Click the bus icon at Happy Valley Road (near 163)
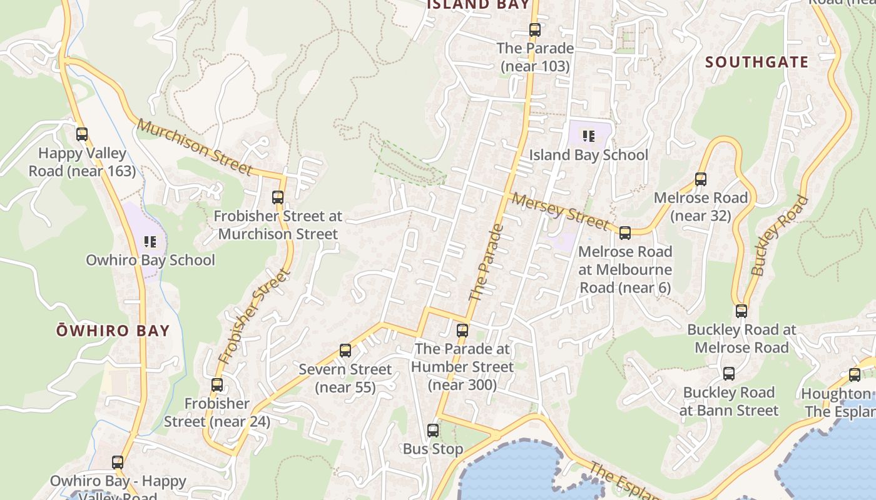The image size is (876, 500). [82, 134]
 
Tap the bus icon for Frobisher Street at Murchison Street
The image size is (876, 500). [278, 197]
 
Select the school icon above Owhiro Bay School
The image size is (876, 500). [150, 241]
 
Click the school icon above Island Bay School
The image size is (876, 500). [588, 136]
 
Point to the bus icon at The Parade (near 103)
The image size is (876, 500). [534, 29]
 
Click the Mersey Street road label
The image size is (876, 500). [560, 210]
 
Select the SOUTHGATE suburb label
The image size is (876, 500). [756, 62]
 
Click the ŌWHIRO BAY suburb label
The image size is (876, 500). [113, 331]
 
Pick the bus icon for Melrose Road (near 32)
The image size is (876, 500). [701, 179]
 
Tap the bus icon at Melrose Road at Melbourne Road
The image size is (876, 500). [624, 233]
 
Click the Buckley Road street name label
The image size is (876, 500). [779, 236]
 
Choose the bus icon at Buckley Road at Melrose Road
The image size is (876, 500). [741, 311]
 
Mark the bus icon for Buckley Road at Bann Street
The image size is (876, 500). [729, 374]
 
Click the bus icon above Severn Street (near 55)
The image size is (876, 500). [345, 350]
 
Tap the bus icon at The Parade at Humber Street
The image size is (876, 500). [462, 330]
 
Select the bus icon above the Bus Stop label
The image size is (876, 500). [433, 430]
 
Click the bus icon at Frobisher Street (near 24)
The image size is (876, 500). [217, 384]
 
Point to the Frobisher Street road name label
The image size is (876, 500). [255, 316]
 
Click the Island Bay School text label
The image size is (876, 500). [588, 155]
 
